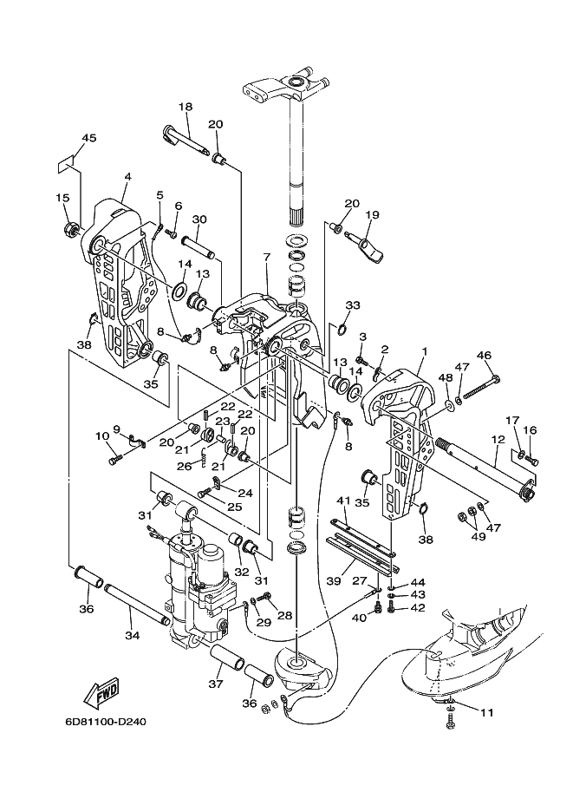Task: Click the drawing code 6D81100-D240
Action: pyautogui.click(x=106, y=722)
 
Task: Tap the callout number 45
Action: pyautogui.click(x=88, y=138)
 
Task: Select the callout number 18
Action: pyautogui.click(x=186, y=107)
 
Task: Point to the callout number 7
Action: pyautogui.click(x=266, y=258)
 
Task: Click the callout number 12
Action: pyautogui.click(x=498, y=440)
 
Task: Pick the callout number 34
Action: pyautogui.click(x=133, y=635)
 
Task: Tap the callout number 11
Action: pyautogui.click(x=486, y=713)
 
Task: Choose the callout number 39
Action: pyautogui.click(x=334, y=581)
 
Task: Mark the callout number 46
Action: pyautogui.click(x=485, y=356)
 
